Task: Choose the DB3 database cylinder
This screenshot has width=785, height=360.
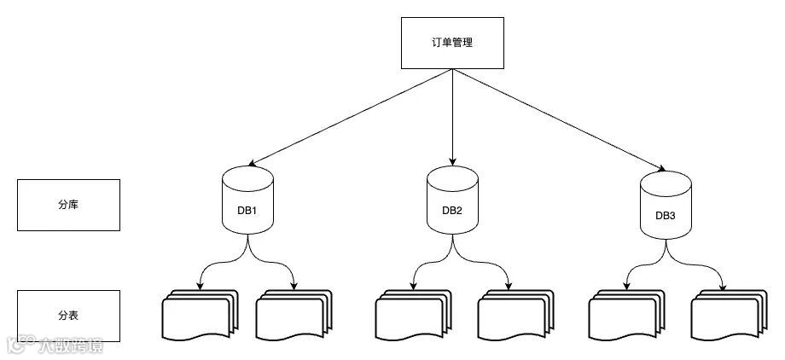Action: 666,206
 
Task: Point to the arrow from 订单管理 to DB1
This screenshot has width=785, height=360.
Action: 350,117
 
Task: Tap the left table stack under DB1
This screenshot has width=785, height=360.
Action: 198,316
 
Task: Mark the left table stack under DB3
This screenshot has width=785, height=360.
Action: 625,316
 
